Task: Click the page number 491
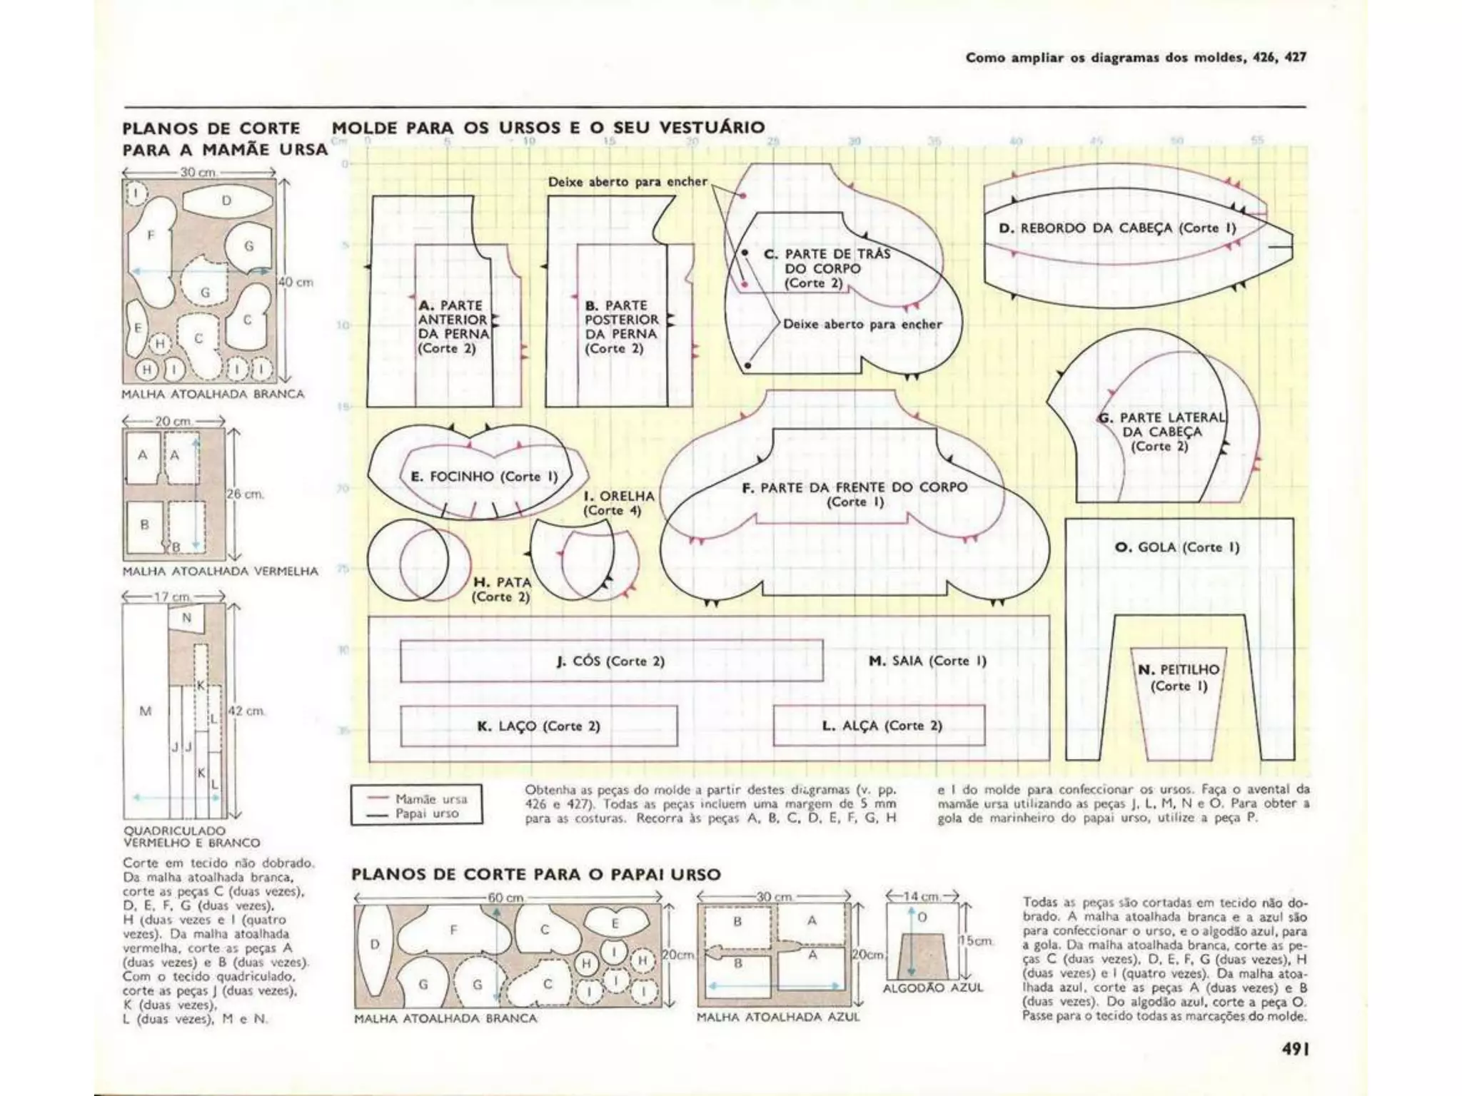pyautogui.click(x=1293, y=1050)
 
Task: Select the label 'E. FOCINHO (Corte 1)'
pyautogui.click(x=483, y=477)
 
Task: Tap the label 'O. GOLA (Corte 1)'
pyautogui.click(x=1176, y=547)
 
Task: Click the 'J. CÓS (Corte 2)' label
pyautogui.click(x=610, y=661)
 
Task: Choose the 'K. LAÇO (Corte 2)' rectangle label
pyautogui.click(x=538, y=726)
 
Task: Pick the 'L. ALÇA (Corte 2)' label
pyautogui.click(x=882, y=726)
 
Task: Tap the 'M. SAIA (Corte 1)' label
pyautogui.click(x=927, y=661)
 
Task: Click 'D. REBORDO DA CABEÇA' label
pyautogui.click(x=1117, y=228)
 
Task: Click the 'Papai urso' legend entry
pyautogui.click(x=427, y=814)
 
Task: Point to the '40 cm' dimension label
pyautogui.click(x=296, y=283)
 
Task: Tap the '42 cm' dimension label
pyautogui.click(x=246, y=711)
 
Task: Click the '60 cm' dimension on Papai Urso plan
pyautogui.click(x=505, y=898)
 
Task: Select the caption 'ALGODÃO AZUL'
pyautogui.click(x=932, y=988)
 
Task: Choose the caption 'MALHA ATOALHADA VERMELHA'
pyautogui.click(x=220, y=572)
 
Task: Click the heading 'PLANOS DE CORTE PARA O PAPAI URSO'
pyautogui.click(x=535, y=875)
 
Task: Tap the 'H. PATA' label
pyautogui.click(x=502, y=589)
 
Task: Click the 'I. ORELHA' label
pyautogui.click(x=618, y=503)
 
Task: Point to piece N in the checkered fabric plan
pyautogui.click(x=187, y=618)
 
